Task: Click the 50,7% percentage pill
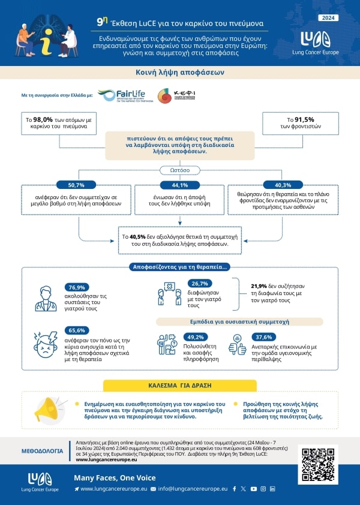coord(79,185)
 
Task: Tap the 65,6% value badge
coord(76,330)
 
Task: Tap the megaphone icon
coord(50,408)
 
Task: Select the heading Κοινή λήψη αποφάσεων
coord(180,73)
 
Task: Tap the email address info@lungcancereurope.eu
coord(193,489)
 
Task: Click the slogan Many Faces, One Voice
coord(115,478)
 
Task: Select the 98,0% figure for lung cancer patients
coord(47,120)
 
